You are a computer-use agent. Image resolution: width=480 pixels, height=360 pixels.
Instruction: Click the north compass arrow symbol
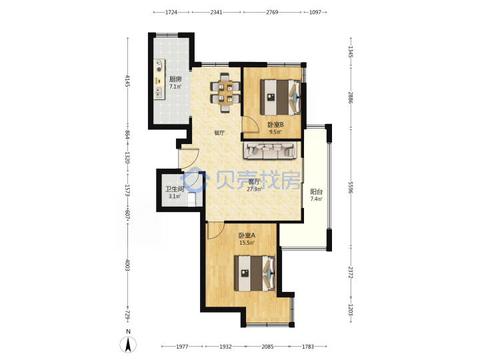[128, 345]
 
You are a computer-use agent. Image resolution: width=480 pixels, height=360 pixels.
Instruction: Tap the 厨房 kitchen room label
[175, 79]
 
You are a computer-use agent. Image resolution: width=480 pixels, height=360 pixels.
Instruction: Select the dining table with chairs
[225, 93]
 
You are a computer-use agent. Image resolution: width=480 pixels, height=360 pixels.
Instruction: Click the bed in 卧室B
[280, 97]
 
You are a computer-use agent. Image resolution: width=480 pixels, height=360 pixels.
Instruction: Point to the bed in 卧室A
[255, 273]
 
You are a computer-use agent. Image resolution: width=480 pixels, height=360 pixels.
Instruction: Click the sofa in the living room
[270, 150]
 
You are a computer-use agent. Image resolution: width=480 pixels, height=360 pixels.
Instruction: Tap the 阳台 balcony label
[317, 192]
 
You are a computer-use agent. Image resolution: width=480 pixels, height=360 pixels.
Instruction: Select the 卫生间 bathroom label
[175, 189]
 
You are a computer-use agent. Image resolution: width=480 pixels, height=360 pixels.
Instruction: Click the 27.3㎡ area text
[254, 189]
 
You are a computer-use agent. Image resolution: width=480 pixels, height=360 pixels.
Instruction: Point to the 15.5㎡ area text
[247, 243]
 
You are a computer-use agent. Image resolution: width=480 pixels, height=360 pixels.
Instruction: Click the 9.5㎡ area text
[275, 132]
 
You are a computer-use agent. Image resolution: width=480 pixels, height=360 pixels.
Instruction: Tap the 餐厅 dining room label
[219, 133]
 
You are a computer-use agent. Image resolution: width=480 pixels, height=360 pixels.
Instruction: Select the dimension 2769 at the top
[272, 12]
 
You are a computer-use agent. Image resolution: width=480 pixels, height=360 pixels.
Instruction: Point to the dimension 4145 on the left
[127, 81]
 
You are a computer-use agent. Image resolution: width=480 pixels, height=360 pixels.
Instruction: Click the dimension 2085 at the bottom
[267, 347]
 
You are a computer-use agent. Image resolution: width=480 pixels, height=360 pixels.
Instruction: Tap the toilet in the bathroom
[191, 199]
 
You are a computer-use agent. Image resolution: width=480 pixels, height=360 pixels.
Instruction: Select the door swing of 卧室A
[215, 231]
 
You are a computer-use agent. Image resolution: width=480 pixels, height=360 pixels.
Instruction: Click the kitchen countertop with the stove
[159, 79]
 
